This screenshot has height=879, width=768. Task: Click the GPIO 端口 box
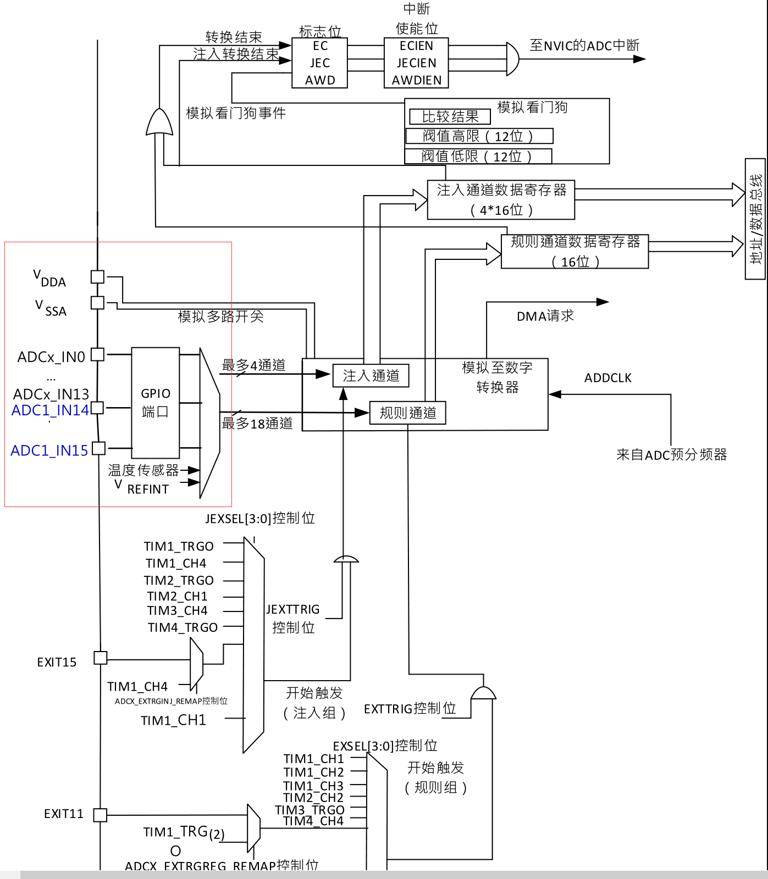(156, 403)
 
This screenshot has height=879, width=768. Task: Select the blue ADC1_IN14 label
(50, 410)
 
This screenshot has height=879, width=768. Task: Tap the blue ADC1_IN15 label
(49, 450)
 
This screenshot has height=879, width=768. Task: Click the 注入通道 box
(371, 376)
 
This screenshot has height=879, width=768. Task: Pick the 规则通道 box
(407, 413)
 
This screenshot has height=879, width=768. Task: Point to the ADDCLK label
(607, 378)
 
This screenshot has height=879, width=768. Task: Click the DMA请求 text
(545, 316)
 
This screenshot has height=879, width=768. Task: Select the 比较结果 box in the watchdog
(450, 116)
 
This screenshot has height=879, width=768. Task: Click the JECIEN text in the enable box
(416, 63)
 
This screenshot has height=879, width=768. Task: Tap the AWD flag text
(320, 80)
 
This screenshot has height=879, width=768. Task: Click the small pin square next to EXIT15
(101, 658)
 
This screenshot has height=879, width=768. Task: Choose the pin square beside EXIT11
(100, 815)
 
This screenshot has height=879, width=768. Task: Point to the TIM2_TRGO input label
(179, 580)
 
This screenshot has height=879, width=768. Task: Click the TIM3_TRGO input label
(310, 810)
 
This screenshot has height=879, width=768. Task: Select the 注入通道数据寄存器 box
(501, 200)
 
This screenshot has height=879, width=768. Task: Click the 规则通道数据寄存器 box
(574, 252)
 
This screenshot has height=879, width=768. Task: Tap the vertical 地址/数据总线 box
(755, 219)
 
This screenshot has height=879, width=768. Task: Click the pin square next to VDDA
(97, 276)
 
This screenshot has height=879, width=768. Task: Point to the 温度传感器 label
(143, 470)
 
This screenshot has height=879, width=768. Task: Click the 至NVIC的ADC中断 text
(584, 46)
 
